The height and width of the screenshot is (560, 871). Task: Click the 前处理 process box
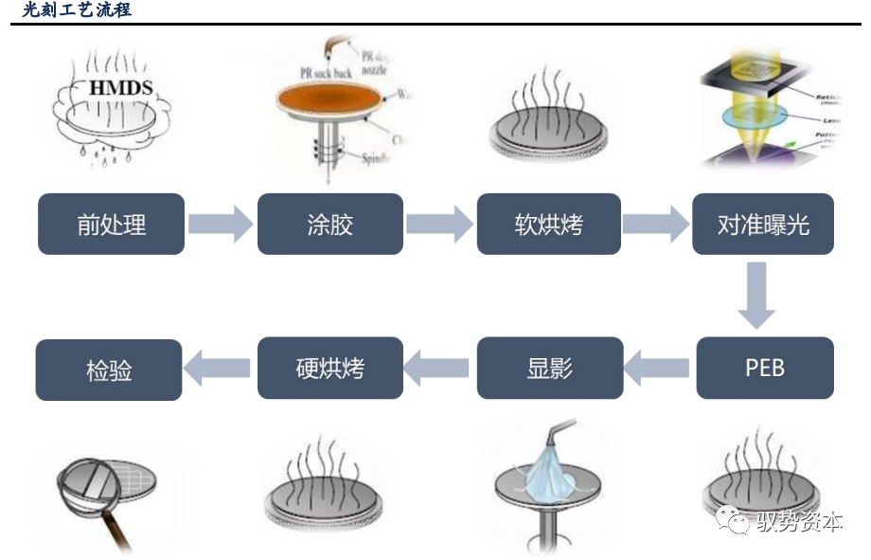(111, 225)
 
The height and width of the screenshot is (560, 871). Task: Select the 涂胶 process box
(330, 225)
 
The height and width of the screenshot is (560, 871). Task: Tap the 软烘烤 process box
(548, 225)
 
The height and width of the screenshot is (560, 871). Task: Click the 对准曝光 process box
(763, 225)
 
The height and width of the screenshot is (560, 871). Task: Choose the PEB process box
(765, 368)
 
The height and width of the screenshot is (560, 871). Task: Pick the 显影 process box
(550, 368)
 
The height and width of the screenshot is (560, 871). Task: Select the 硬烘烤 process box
(330, 368)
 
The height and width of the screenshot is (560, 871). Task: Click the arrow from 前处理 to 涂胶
(220, 225)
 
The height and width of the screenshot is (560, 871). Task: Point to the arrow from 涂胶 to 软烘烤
(438, 225)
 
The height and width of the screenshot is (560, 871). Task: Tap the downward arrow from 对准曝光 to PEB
(756, 296)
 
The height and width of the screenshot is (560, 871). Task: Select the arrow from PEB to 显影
(657, 368)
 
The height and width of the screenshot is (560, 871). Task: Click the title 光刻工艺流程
(77, 10)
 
